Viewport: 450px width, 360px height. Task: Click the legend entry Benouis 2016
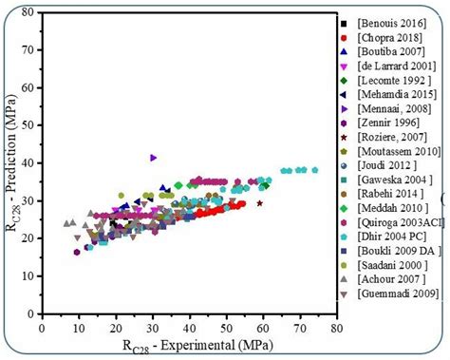pos(393,22)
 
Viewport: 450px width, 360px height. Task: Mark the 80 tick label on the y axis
pos(30,13)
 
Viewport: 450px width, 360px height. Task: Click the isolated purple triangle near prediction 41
pos(153,158)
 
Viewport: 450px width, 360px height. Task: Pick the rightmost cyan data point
pos(314,170)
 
